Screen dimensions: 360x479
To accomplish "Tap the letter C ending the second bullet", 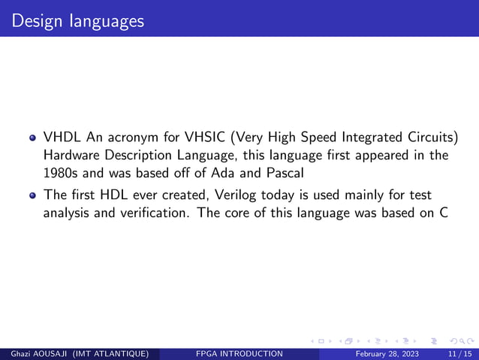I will pyautogui.click(x=444, y=212).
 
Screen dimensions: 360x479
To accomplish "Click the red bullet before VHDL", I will pyautogui.click(x=33, y=139).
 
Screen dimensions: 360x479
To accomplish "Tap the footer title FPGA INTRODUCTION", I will pyautogui.click(x=238, y=354).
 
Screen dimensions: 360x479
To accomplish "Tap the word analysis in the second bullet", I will pyautogui.click(x=66, y=212).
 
